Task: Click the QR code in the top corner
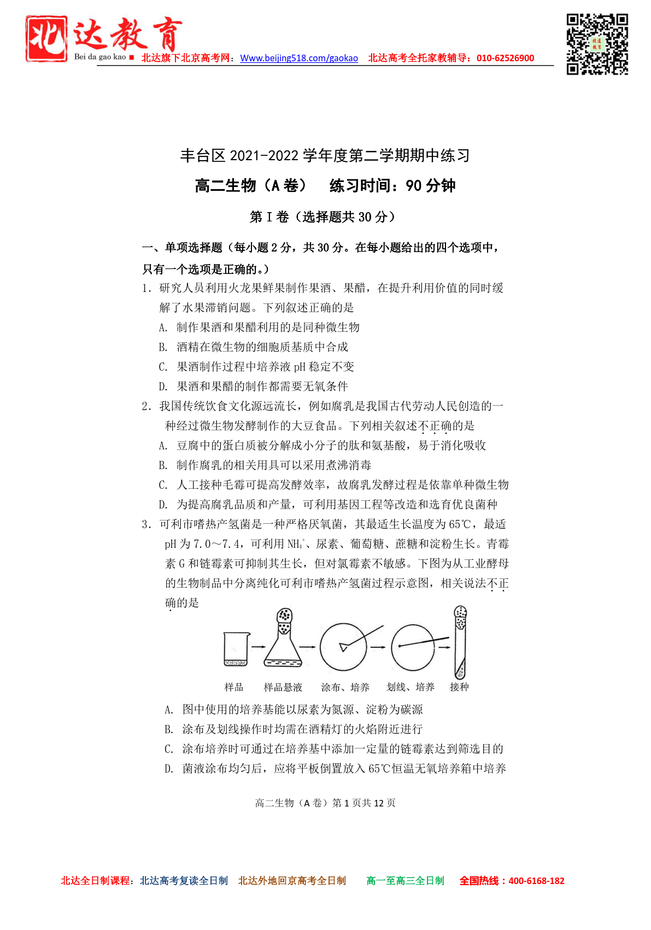pos(597,44)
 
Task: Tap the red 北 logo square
pos(46,38)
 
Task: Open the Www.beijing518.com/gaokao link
pos(299,59)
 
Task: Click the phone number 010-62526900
pos(505,59)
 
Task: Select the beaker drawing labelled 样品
pos(236,648)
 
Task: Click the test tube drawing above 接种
pos(460,642)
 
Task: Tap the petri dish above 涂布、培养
pos(343,647)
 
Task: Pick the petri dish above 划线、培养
pos(413,647)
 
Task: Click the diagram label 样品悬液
pos(283,687)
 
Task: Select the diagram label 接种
pos(459,687)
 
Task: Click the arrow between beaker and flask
pos(257,647)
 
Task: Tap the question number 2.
pos(146,406)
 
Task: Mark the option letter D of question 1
pos(163,387)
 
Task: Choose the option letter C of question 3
pos(169,749)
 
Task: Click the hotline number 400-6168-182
pos(536,881)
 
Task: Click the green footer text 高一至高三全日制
pos(405,881)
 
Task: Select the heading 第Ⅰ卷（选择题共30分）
pos(322,217)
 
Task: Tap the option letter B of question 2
pos(163,465)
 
